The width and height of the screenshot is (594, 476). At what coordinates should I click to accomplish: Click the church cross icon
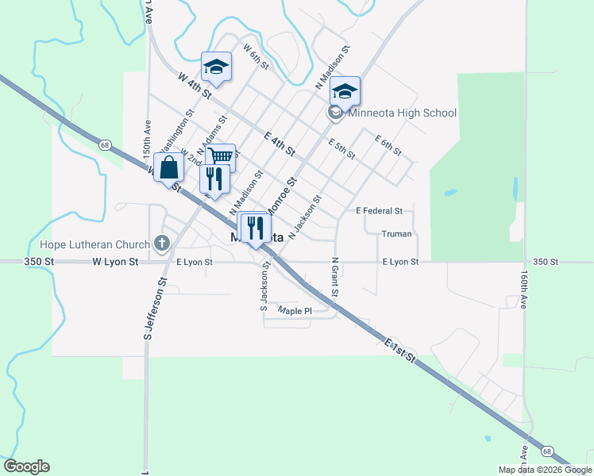(x=163, y=242)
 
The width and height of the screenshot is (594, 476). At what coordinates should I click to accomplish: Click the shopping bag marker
(x=169, y=168)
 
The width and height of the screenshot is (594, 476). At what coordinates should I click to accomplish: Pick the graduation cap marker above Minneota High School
(x=345, y=91)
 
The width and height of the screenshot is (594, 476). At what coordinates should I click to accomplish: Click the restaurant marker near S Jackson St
(x=254, y=228)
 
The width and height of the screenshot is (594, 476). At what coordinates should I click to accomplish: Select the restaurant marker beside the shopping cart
(x=214, y=178)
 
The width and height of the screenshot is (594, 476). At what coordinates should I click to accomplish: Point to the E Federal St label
(x=380, y=211)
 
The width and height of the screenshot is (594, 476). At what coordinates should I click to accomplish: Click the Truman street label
(x=395, y=234)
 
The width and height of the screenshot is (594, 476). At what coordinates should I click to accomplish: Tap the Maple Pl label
(x=295, y=311)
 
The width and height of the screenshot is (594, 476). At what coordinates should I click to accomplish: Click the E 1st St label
(x=399, y=350)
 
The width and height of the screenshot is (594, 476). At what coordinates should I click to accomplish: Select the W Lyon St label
(x=115, y=261)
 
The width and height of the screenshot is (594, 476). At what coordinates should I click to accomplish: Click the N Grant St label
(x=335, y=277)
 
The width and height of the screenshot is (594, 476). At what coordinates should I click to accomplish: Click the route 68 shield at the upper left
(x=105, y=145)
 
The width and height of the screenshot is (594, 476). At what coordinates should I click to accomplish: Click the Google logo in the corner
(x=26, y=466)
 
